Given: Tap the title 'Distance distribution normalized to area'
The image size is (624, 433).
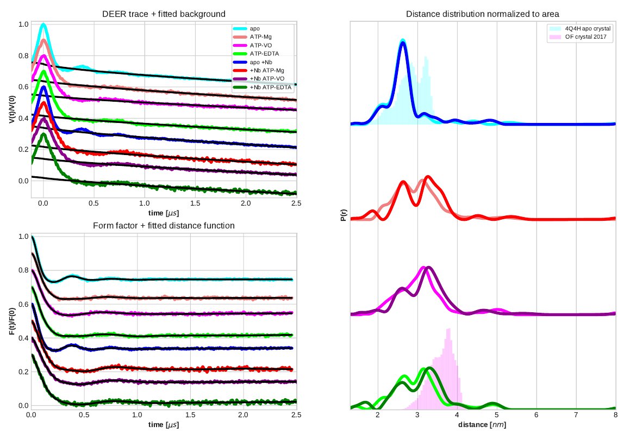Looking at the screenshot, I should tap(483, 13).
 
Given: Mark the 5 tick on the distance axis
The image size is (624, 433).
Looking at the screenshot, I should tap(497, 415).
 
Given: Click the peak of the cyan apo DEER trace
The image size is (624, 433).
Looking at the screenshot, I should tap(43, 24).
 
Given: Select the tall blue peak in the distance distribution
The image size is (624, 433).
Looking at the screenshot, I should tap(403, 43).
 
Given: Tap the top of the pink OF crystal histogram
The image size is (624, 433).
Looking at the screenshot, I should tap(448, 329).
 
